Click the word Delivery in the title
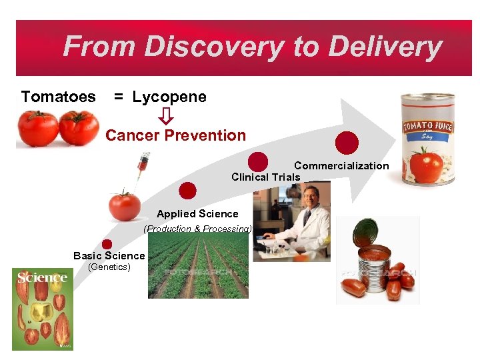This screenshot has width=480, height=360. (385, 47)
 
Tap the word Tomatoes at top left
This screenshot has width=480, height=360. (58, 97)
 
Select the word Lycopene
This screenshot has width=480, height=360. (169, 97)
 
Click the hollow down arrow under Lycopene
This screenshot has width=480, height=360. (166, 116)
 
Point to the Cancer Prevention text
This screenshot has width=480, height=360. (175, 135)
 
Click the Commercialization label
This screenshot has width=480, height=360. (341, 165)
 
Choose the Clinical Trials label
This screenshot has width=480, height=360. (265, 177)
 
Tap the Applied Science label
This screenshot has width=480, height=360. (197, 213)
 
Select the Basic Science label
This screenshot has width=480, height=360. (109, 255)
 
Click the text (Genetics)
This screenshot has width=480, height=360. (110, 267)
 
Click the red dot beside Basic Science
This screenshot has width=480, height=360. (107, 244)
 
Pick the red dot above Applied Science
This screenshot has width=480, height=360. (188, 191)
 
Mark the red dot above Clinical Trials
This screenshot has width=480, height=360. (258, 162)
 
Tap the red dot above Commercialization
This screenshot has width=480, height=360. (347, 143)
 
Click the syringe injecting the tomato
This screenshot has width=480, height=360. (140, 169)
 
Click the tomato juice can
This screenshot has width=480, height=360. (427, 138)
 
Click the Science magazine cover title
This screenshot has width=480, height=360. (42, 277)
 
